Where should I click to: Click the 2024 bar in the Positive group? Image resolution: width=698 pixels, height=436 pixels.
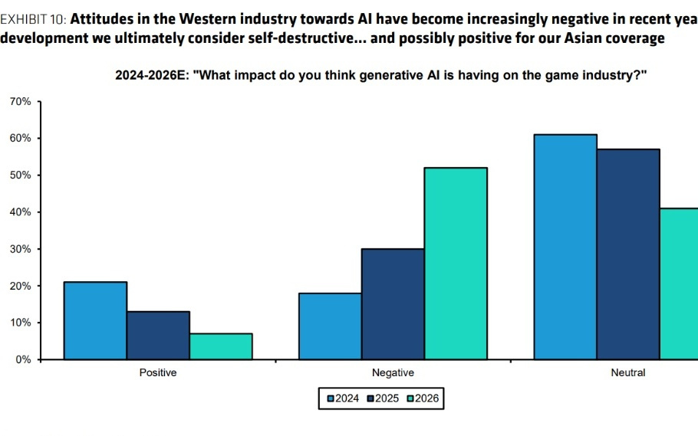click(95, 320)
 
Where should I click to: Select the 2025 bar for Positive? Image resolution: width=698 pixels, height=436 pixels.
click(158, 335)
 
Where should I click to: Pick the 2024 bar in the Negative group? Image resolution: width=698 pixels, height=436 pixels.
click(330, 326)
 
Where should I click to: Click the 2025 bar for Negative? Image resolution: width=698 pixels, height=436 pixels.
click(393, 303)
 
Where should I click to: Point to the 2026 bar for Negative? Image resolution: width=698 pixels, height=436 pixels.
click(456, 263)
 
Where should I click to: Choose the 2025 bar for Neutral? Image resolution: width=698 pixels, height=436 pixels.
click(628, 254)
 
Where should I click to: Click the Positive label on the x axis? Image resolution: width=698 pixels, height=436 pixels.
click(158, 373)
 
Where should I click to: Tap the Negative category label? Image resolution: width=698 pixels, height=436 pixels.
click(393, 373)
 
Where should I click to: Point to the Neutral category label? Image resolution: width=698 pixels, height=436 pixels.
click(628, 373)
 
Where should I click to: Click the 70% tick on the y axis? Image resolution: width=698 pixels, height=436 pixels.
click(20, 101)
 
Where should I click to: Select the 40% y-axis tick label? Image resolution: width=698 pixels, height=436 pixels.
click(20, 211)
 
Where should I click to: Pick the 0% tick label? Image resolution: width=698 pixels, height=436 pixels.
click(23, 359)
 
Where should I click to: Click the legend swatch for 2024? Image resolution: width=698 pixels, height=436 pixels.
click(331, 398)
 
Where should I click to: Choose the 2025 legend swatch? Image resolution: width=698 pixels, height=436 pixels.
click(371, 398)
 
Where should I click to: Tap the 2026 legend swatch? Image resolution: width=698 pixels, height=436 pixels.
click(412, 398)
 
